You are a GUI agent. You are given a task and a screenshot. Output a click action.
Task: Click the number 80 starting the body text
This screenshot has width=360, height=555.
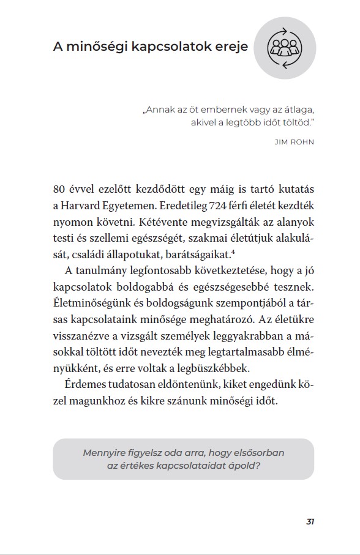click(x=60, y=187)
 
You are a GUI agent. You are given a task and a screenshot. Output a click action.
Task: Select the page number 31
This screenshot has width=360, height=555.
click(x=310, y=521)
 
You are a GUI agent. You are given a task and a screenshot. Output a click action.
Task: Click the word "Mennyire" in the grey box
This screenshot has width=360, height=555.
click(x=106, y=453)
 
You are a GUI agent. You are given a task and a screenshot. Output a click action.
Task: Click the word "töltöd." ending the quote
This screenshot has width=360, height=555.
click(x=297, y=122)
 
